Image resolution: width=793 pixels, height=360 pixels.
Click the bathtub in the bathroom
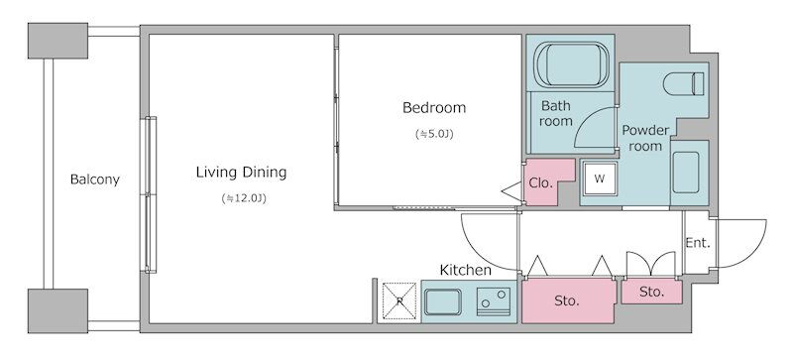[x=572, y=64]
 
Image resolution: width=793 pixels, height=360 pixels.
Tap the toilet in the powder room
[x=683, y=83]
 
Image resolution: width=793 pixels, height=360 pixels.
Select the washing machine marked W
[x=600, y=179]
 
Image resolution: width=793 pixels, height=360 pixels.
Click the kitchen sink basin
[x=442, y=301]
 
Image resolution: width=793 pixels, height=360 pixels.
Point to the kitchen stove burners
[x=494, y=301]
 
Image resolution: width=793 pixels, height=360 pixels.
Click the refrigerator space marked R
[x=399, y=301]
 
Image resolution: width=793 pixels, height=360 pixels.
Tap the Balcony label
[x=95, y=180]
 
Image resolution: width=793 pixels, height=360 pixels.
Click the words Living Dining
[x=241, y=173]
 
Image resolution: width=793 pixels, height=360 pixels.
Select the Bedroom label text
[x=434, y=108]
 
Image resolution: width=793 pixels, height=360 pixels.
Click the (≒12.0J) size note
[x=244, y=198]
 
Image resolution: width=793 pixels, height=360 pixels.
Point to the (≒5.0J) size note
[x=434, y=134]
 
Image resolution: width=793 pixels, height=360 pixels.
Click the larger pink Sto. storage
[x=568, y=300]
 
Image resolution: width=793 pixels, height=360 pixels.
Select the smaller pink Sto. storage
[x=651, y=292]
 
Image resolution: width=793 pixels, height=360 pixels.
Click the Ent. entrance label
[x=698, y=243]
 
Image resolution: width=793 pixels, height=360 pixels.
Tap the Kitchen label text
[x=465, y=270]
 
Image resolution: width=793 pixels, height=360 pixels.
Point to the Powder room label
[x=645, y=138]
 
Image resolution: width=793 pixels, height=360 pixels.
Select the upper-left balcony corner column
[x=58, y=41]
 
